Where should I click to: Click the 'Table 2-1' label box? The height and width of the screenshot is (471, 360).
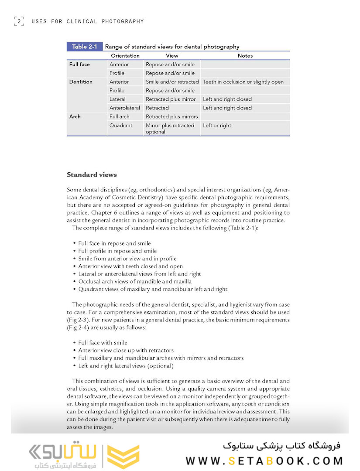point(85,47)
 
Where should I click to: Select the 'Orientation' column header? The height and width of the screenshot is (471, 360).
point(125,56)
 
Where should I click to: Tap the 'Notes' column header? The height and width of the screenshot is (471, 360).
point(245,56)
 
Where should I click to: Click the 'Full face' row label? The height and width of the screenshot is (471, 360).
point(79,65)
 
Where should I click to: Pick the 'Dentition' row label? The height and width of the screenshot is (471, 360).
point(81,82)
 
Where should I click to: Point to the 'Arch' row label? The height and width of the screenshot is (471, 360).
point(75,117)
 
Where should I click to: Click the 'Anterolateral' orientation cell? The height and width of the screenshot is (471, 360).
point(125,108)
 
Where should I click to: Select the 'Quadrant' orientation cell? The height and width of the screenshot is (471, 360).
point(121,126)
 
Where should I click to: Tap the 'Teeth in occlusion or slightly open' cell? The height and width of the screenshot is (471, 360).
point(243,82)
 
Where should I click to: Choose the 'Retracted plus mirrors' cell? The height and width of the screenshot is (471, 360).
point(171,117)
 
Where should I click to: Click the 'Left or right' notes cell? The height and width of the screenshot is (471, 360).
point(217,126)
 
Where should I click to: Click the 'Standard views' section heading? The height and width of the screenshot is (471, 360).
point(92,175)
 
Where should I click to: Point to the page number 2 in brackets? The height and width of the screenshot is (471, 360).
point(19,21)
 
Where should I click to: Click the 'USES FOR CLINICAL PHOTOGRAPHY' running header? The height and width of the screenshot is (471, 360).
point(88,21)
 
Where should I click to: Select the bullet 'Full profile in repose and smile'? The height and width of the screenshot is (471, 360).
point(117,251)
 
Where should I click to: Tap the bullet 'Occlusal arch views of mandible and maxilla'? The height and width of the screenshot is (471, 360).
point(135,281)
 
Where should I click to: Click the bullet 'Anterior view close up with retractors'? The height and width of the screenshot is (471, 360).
point(126,350)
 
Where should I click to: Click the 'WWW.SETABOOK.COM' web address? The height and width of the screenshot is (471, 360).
point(264,461)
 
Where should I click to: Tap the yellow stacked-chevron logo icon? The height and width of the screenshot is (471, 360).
point(123,456)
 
